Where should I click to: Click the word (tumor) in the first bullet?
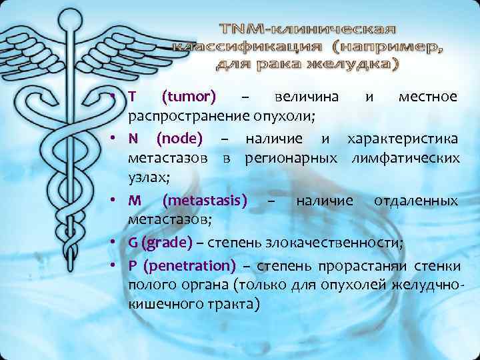[189, 97]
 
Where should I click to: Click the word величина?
[307, 97]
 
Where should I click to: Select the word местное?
[427, 97]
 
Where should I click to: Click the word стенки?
[437, 266]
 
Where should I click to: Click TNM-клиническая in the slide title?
[309, 30]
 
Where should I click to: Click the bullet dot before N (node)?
[115, 139]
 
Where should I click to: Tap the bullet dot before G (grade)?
[115, 242]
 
